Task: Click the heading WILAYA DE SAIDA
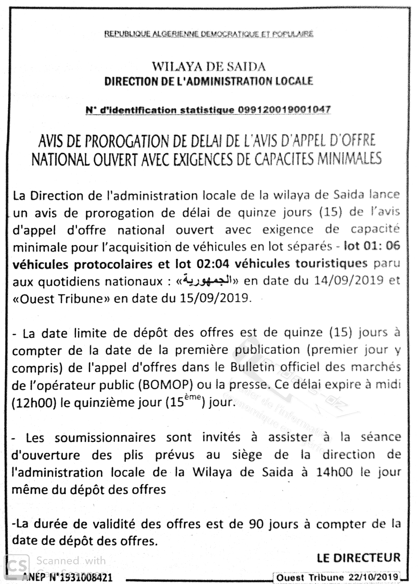click(x=209, y=67)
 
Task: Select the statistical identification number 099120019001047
click(x=284, y=110)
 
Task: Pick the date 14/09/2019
click(x=349, y=280)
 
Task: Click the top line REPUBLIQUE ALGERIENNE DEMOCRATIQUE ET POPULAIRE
click(x=209, y=34)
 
